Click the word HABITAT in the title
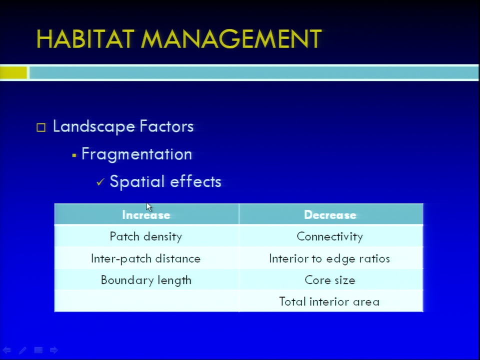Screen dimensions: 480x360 click(x=85, y=39)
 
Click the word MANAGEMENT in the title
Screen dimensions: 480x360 click(x=231, y=39)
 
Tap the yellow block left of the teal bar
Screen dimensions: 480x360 click(x=13, y=73)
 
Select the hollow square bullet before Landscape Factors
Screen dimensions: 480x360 click(x=41, y=127)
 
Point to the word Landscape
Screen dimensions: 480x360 click(x=93, y=126)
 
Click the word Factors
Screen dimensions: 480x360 click(x=166, y=126)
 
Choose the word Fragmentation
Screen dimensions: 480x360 click(x=136, y=154)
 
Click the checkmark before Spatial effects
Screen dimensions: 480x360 click(x=100, y=182)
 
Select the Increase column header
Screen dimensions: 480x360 click(x=146, y=214)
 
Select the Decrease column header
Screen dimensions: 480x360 click(x=331, y=214)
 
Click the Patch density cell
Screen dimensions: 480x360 click(x=146, y=236)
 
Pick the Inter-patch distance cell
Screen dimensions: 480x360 click(x=146, y=258)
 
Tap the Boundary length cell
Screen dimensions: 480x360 click(x=146, y=280)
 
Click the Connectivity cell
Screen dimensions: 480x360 click(x=331, y=236)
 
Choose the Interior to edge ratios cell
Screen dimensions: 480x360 click(x=331, y=258)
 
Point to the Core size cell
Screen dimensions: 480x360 click(x=331, y=280)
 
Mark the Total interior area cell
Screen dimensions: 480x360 click(x=331, y=301)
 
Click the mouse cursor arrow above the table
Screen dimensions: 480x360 click(x=149, y=207)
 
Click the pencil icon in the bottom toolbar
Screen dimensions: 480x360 click(x=22, y=350)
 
